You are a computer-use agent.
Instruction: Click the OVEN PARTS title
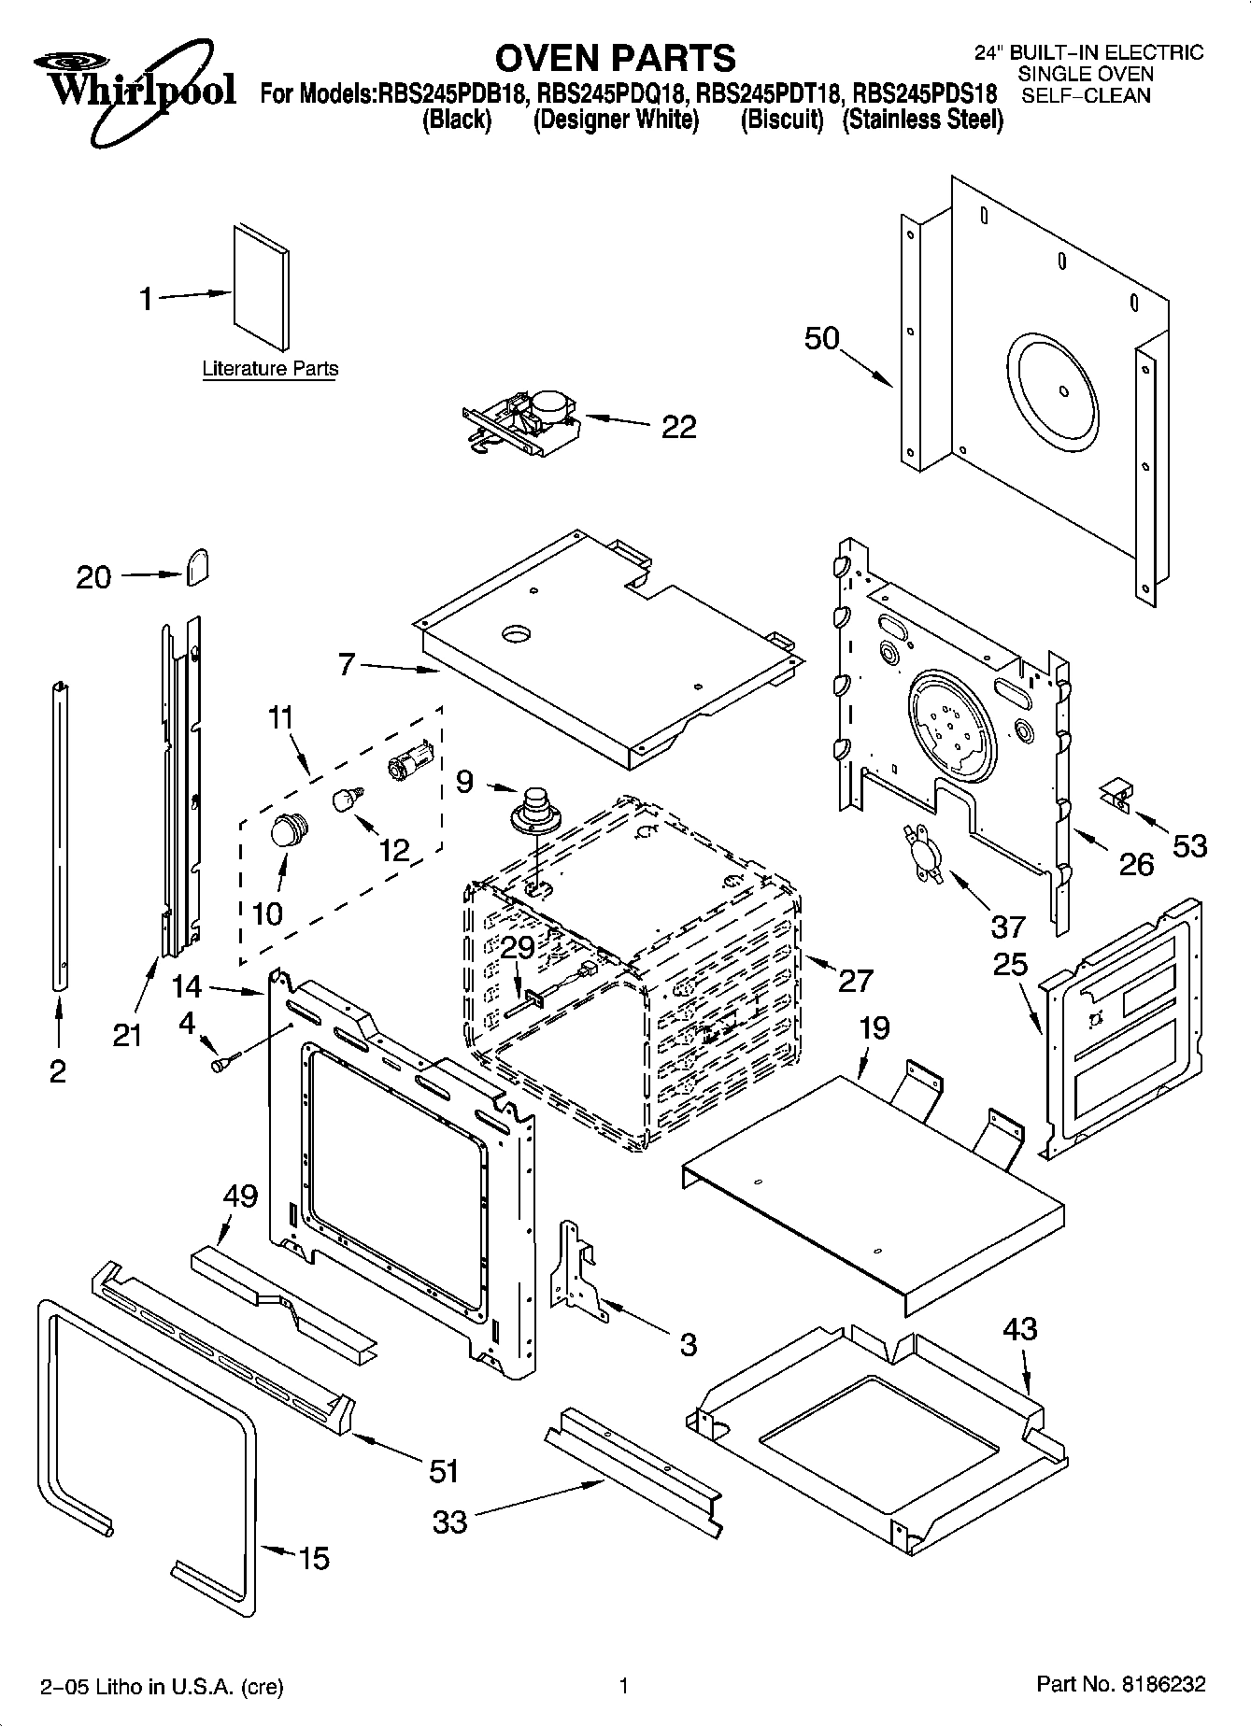coord(615,58)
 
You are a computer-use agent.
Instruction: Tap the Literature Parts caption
coord(270,369)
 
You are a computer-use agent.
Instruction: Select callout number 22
coord(678,427)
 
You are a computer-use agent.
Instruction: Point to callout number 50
coord(822,338)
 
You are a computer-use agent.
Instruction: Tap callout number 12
coord(395,849)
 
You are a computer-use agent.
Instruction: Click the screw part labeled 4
coord(225,1062)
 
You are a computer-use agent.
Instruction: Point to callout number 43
coord(1019,1328)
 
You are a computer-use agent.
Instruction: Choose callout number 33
coord(450,1522)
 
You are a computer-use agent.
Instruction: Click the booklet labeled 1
coord(261,286)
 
